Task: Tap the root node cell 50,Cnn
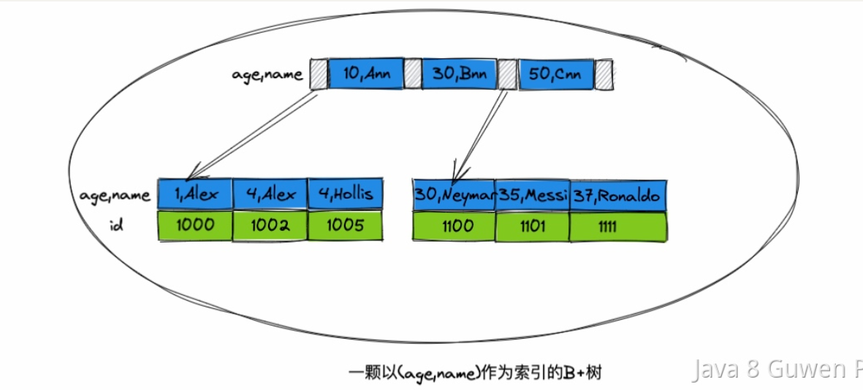tap(555, 74)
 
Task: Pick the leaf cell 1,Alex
tap(195, 194)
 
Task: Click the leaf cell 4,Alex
tap(270, 194)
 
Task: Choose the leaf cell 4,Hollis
tap(346, 194)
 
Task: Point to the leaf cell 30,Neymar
tap(454, 195)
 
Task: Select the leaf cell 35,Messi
tap(532, 195)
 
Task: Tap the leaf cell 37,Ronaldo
tap(617, 195)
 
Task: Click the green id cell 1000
tap(195, 226)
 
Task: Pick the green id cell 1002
tap(270, 226)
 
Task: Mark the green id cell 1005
tap(346, 226)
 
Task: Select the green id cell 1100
tap(454, 226)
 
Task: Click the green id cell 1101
tap(532, 226)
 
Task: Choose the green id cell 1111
tap(617, 226)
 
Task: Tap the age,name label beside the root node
tap(267, 74)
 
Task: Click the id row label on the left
tap(115, 226)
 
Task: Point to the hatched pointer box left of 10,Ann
tap(319, 74)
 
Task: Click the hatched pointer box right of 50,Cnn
tap(603, 74)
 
